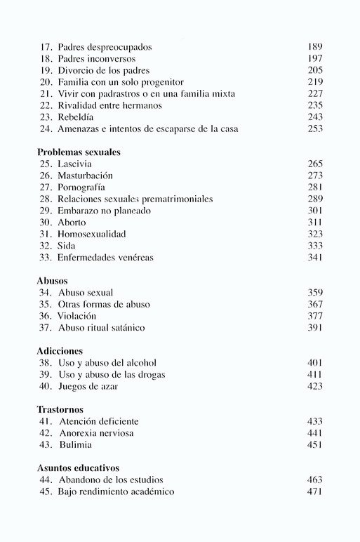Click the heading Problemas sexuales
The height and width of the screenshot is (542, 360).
[x=78, y=151]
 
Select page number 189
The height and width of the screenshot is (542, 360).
[x=314, y=47]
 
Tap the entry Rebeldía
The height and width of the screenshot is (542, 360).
[x=79, y=117]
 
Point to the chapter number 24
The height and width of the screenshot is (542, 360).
[x=46, y=128]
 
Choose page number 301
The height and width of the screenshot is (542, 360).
[x=314, y=210]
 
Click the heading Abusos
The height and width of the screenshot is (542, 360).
[x=53, y=280]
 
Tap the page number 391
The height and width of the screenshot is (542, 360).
[x=314, y=328]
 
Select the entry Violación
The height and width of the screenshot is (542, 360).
[x=77, y=316]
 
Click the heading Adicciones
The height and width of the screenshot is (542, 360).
[x=60, y=350]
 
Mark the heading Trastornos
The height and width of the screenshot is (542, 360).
[x=60, y=409]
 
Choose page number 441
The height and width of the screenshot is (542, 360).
[x=314, y=433]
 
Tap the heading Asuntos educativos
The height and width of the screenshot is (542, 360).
[x=78, y=468]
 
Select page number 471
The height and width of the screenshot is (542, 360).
[x=314, y=491]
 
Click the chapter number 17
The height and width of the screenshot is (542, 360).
[x=46, y=47]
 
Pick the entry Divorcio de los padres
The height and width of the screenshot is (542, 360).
[x=105, y=70]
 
